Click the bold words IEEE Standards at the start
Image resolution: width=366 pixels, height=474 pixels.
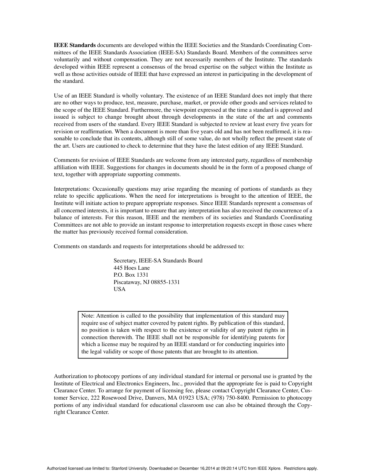pyautogui.click(x=75, y=45)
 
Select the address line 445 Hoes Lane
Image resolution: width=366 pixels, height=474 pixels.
pyautogui.click(x=132, y=268)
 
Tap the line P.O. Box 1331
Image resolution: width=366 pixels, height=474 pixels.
pyautogui.click(x=131, y=275)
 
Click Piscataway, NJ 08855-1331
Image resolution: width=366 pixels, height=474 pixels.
pyautogui.click(x=146, y=282)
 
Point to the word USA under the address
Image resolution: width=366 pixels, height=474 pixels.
pyautogui.click(x=119, y=289)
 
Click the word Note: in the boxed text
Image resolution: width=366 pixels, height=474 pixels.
pyautogui.click(x=89, y=316)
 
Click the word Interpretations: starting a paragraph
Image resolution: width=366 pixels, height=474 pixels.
pyautogui.click(x=72, y=189)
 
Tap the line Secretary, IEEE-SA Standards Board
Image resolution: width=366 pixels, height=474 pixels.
pyautogui.click(x=158, y=261)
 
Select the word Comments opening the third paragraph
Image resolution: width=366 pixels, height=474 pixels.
pyautogui.click(x=66, y=160)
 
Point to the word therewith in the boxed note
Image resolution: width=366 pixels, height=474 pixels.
pyautogui.click(x=123, y=337)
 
